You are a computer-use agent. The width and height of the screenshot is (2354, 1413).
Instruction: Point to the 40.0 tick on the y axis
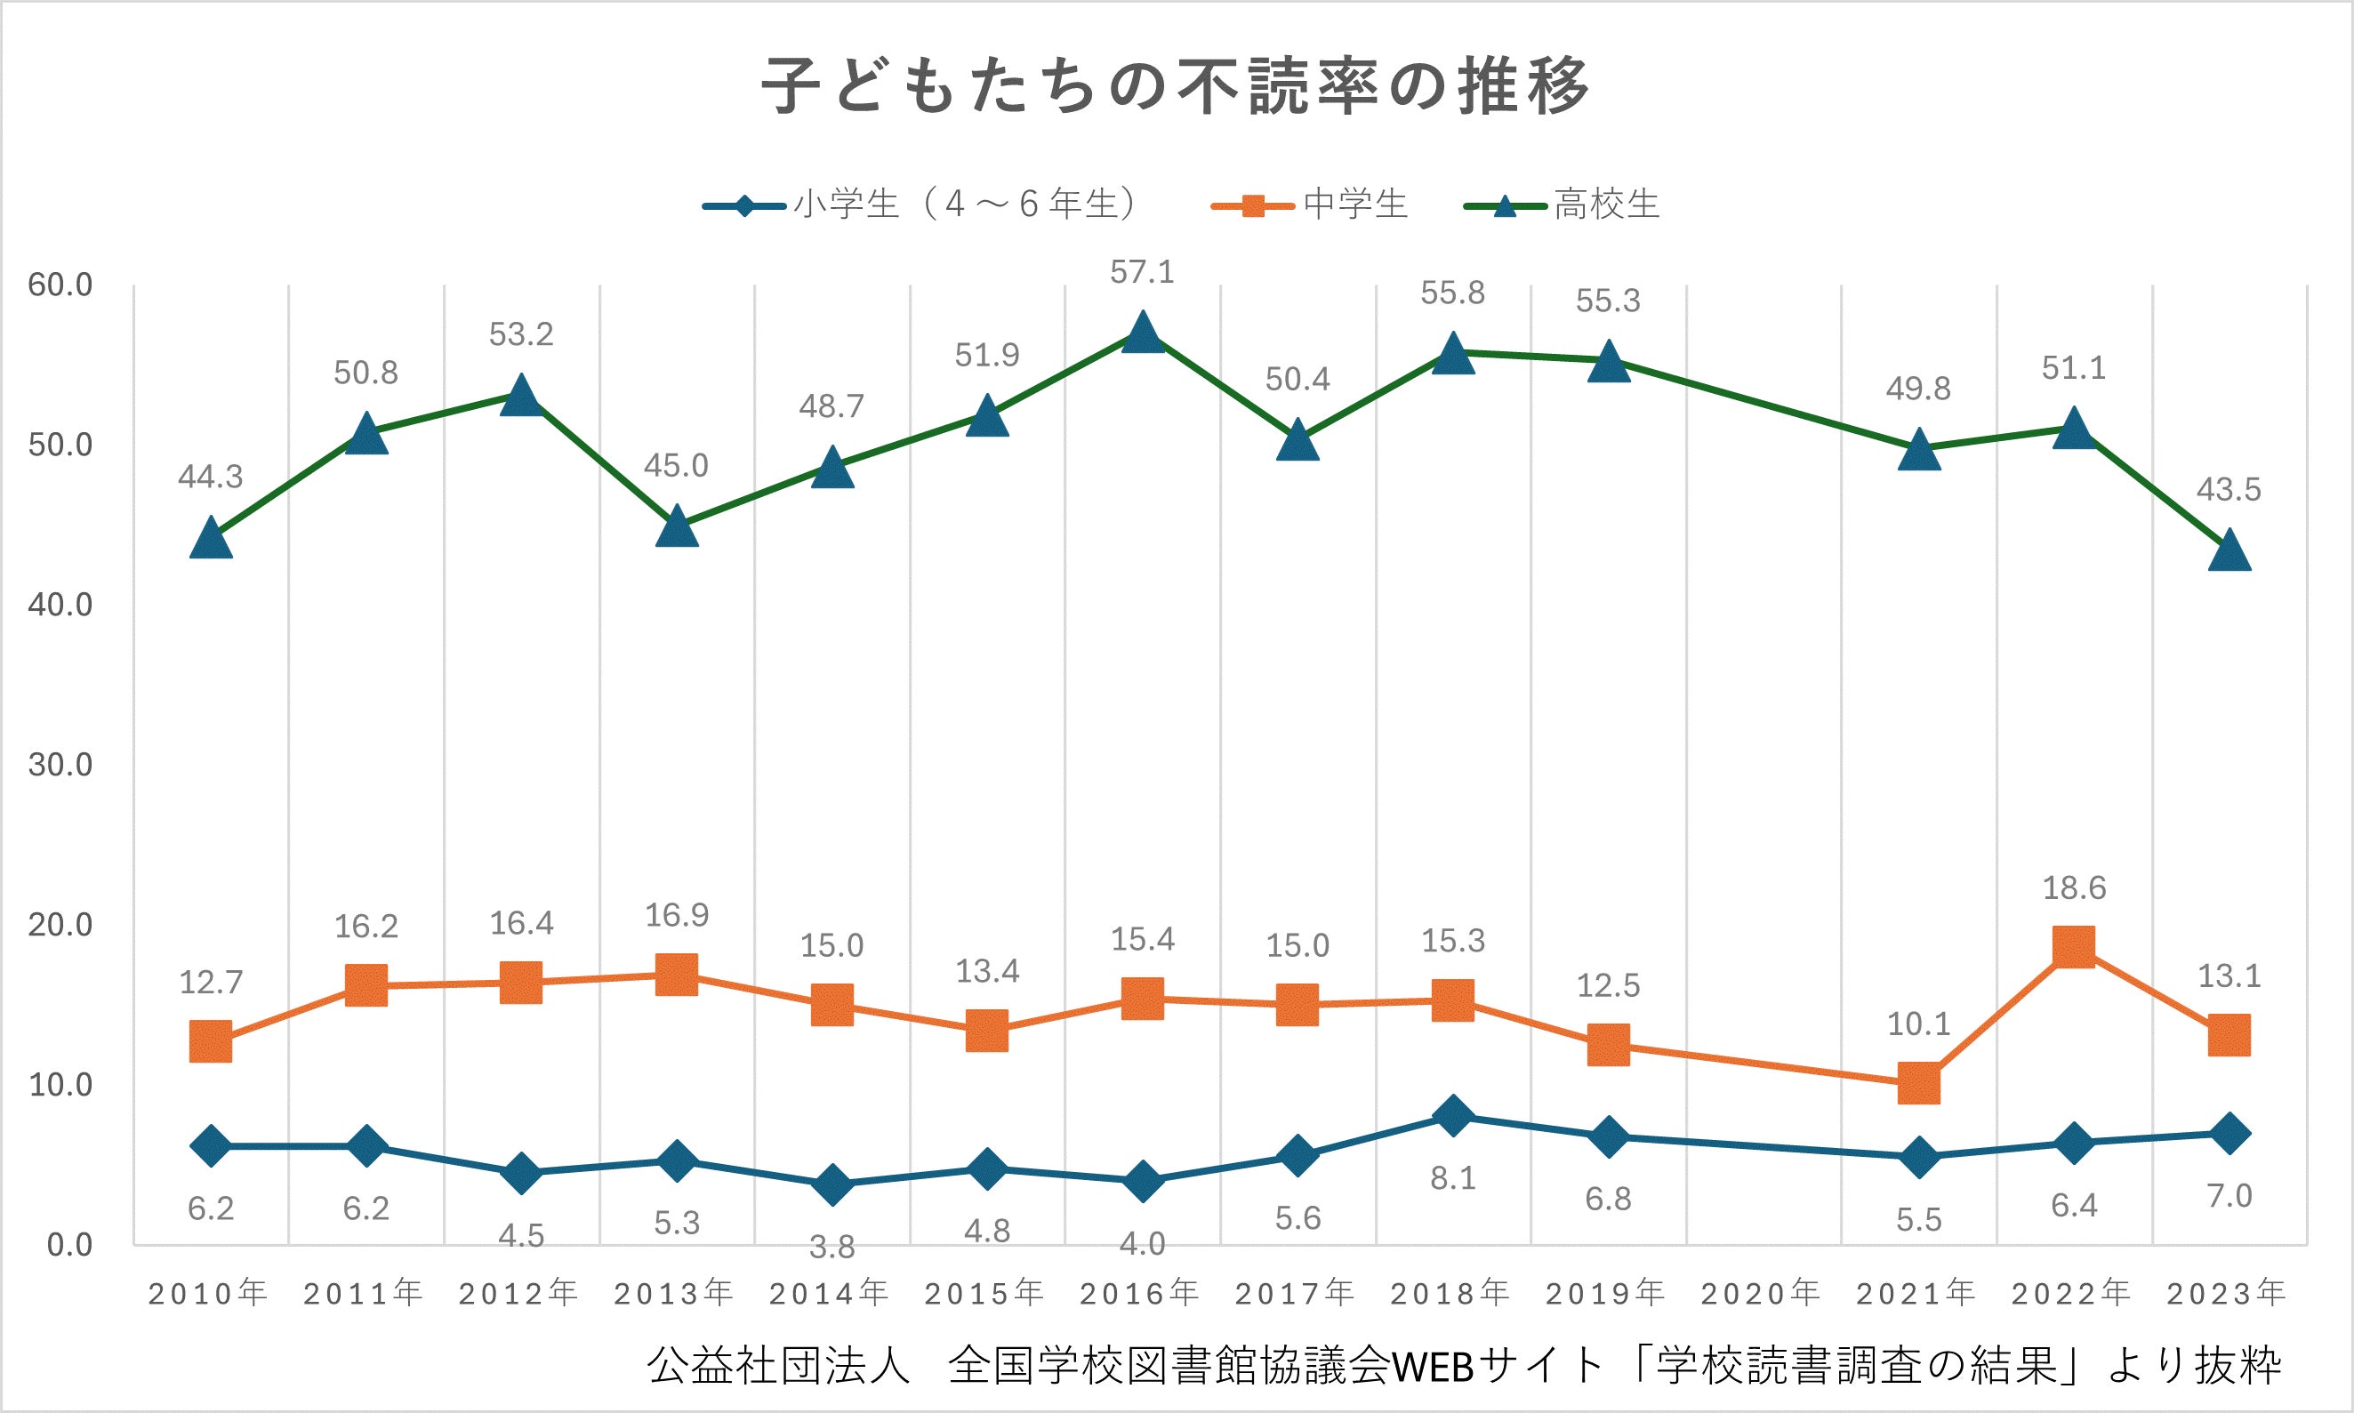60,605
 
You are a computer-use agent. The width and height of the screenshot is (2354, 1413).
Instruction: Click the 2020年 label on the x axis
1761,1293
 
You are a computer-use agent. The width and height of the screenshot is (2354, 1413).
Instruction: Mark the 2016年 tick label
1140,1293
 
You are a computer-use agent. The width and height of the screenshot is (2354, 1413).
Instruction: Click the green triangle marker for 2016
1143,333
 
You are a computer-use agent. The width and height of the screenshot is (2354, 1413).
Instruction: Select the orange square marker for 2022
2074,947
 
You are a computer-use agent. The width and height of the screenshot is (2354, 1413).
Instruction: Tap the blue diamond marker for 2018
1453,1115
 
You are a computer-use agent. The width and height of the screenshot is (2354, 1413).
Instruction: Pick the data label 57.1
1143,272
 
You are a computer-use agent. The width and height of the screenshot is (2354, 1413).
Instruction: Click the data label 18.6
2074,888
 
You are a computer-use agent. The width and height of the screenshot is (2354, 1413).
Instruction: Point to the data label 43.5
2229,489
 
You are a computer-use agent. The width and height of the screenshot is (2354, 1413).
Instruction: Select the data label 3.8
832,1247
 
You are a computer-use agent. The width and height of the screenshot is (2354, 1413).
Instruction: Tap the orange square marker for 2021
1919,1084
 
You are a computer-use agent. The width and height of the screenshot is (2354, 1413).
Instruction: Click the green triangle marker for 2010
212,540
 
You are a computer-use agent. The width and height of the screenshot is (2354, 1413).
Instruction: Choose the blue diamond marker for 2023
2229,1133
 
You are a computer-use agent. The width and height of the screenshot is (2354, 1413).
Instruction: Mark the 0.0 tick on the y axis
69,1244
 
